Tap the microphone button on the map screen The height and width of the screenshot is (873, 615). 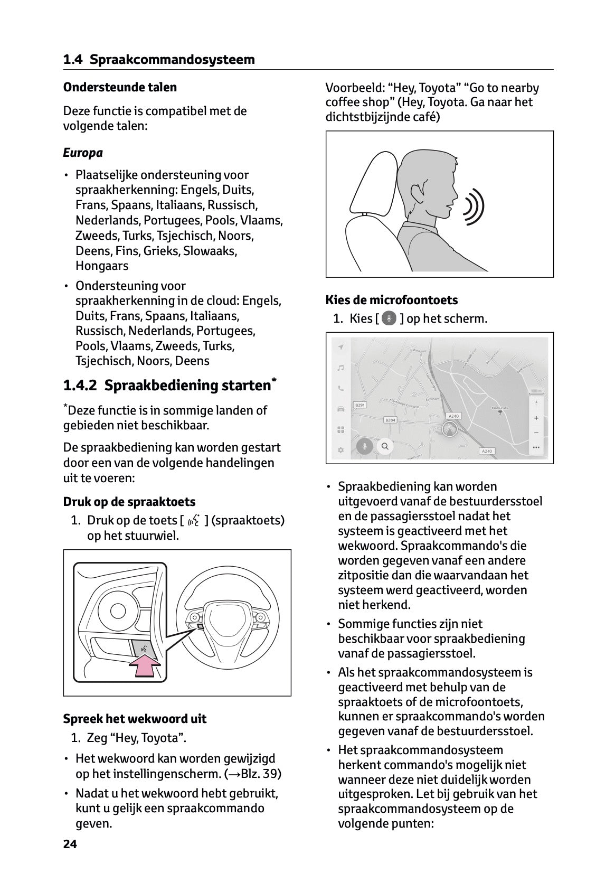coord(363,446)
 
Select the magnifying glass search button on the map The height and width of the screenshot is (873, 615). coord(385,446)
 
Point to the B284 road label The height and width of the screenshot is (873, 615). coord(391,420)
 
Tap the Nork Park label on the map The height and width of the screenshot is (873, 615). coord(499,408)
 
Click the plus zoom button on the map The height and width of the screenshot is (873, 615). coord(536,418)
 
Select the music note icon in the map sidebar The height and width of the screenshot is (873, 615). coord(341,368)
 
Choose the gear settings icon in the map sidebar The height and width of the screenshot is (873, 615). coord(341,450)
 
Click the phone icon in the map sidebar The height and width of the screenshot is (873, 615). coord(341,388)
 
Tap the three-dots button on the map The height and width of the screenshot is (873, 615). coord(536,447)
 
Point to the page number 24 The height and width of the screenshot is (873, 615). coord(70,844)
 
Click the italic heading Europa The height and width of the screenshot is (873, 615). coord(83,153)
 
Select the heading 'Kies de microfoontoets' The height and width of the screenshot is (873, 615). coord(392,300)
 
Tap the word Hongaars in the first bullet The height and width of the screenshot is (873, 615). coord(102,266)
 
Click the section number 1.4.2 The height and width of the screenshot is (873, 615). coord(80,386)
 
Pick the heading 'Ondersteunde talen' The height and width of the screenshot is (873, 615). coord(120,87)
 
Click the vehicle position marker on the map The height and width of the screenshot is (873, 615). coord(449,430)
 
